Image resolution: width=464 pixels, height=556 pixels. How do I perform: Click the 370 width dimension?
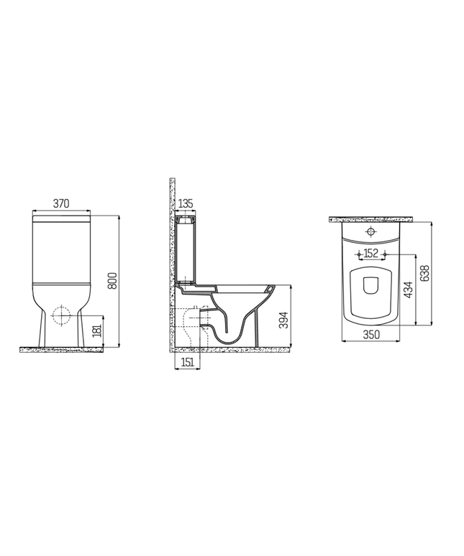click(x=62, y=204)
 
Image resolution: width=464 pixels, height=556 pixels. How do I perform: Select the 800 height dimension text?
click(x=112, y=280)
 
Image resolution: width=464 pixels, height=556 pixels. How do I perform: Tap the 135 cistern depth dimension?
click(x=186, y=203)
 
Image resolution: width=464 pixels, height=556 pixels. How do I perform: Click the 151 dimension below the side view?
click(x=186, y=362)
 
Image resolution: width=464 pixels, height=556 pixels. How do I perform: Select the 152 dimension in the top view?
click(x=371, y=253)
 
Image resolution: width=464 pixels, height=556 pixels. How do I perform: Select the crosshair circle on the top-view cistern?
click(x=371, y=232)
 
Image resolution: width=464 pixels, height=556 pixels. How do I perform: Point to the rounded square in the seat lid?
click(x=371, y=285)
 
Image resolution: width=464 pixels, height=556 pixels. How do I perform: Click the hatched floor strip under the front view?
click(x=65, y=349)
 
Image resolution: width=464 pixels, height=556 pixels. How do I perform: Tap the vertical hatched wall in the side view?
click(x=170, y=266)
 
